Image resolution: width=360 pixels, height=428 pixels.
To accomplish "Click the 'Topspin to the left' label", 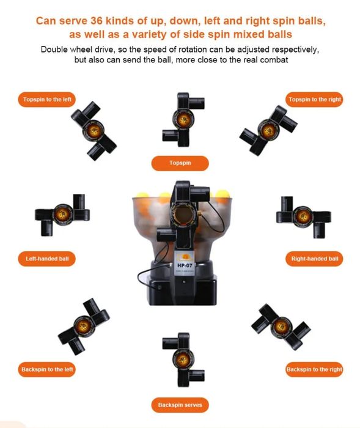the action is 46,99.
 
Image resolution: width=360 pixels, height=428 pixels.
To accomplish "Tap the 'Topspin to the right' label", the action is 314,99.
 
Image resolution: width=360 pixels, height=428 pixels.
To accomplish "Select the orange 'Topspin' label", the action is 180,163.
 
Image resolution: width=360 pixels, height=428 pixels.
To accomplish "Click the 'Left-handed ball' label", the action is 46,259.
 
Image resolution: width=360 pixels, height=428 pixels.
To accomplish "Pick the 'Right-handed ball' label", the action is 314,259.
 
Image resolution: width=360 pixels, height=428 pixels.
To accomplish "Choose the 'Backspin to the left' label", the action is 46,369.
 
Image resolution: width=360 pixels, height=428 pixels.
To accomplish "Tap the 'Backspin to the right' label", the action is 314,369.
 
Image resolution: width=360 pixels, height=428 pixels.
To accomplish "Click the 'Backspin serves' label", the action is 180,405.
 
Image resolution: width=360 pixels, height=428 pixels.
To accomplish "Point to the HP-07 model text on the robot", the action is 185,265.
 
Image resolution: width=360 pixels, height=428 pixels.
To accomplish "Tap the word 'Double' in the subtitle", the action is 54,50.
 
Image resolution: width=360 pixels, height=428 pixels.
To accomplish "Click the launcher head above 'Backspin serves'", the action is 183,360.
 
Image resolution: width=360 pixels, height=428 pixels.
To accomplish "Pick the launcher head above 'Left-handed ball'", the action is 62,215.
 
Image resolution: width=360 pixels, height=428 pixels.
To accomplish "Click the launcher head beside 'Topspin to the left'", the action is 94,131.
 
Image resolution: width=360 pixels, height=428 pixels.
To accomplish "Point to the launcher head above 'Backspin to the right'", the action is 281,327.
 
